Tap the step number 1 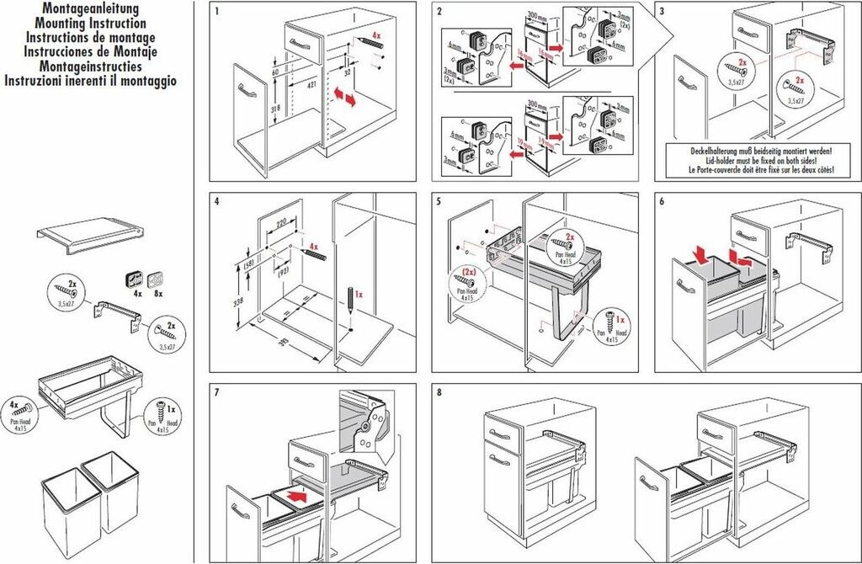tap(217, 12)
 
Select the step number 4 tap(217, 202)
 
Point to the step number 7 tap(217, 392)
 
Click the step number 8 tap(439, 392)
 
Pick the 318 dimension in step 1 tap(274, 109)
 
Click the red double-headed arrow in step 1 tap(344, 97)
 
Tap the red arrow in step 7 tap(292, 497)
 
